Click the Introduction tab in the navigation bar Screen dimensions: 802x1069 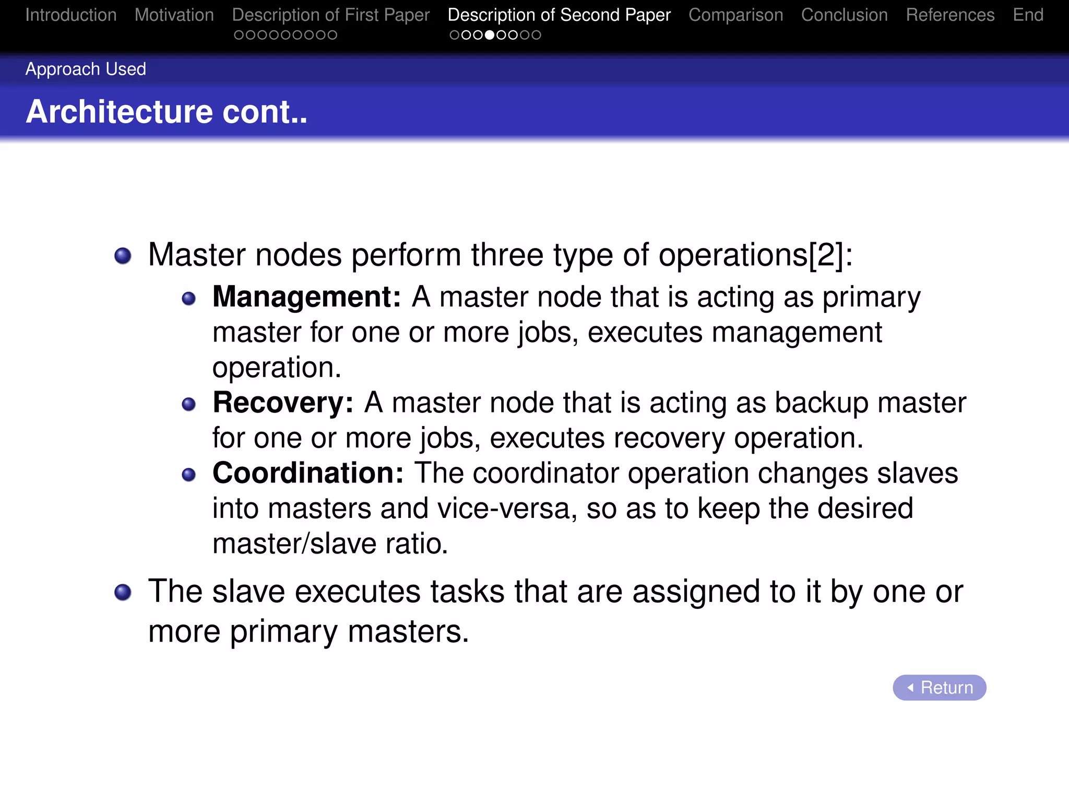tap(71, 15)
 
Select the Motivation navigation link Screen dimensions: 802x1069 tap(174, 15)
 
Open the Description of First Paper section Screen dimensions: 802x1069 tap(331, 15)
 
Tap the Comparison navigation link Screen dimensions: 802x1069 tap(735, 15)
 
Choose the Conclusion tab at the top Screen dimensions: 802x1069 tap(844, 15)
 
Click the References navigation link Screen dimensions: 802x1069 tap(950, 15)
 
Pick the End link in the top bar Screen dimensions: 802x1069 tap(1028, 15)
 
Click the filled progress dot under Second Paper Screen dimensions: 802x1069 tap(490, 35)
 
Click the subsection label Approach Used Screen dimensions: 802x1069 tap(86, 69)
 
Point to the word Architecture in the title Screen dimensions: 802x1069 tap(120, 112)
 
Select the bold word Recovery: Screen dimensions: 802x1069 tap(283, 403)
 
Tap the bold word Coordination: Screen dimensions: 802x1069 tap(308, 473)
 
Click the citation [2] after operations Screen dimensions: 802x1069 tap(826, 255)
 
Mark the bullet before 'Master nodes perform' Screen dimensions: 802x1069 tap(123, 256)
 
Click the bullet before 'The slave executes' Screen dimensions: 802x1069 tap(123, 592)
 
